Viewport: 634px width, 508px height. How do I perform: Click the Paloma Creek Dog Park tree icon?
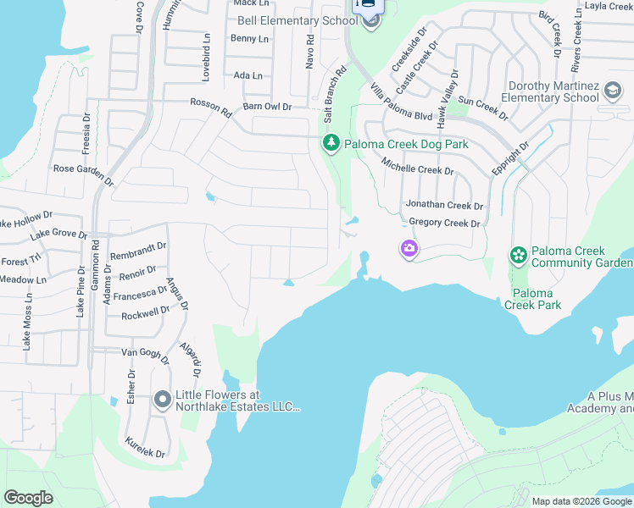click(331, 144)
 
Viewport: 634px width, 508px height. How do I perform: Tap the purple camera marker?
click(409, 248)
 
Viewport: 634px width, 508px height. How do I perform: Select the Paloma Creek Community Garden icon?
click(518, 255)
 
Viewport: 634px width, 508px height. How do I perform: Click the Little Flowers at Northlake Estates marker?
click(163, 400)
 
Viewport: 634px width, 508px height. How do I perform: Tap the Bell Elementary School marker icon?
click(370, 21)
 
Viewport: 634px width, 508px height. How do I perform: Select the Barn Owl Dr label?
click(267, 107)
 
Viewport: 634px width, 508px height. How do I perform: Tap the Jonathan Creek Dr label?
click(443, 206)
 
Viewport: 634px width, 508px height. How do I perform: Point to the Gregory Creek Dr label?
click(444, 224)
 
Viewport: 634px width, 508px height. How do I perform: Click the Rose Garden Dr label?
click(83, 174)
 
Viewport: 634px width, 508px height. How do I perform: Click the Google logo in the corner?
click(29, 498)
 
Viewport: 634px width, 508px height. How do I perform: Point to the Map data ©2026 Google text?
click(581, 501)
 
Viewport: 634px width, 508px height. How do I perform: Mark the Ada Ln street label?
click(247, 75)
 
